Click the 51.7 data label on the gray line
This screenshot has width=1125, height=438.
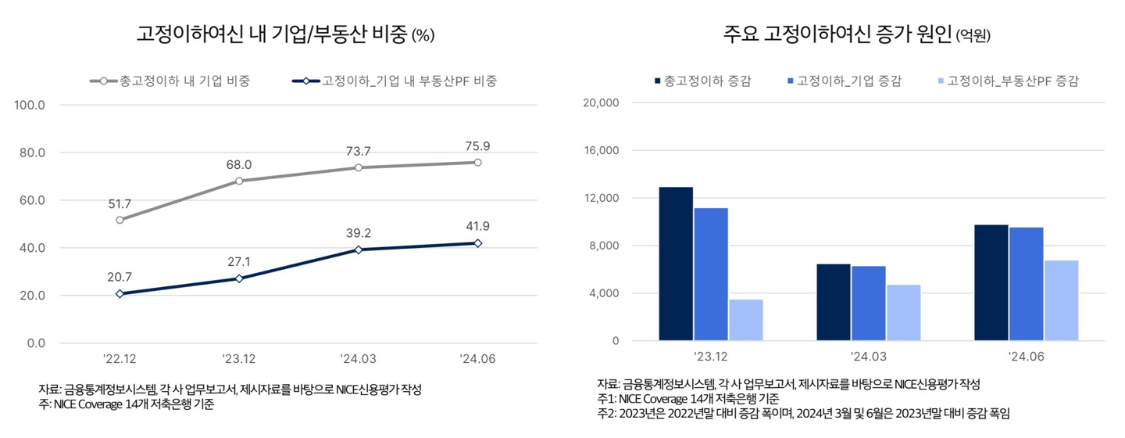120,204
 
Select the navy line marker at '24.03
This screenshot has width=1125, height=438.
359,250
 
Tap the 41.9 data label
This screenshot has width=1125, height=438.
477,227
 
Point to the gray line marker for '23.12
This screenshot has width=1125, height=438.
239,181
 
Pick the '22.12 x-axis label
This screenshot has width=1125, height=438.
120,359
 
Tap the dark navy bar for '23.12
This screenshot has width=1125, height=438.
676,264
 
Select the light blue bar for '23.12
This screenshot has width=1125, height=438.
745,320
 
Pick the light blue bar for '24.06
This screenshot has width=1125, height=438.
1060,300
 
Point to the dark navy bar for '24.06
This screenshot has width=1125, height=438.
991,282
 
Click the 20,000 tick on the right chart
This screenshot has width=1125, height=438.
602,102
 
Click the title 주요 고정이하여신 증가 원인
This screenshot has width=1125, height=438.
836,34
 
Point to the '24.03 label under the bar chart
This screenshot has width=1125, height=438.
869,356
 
